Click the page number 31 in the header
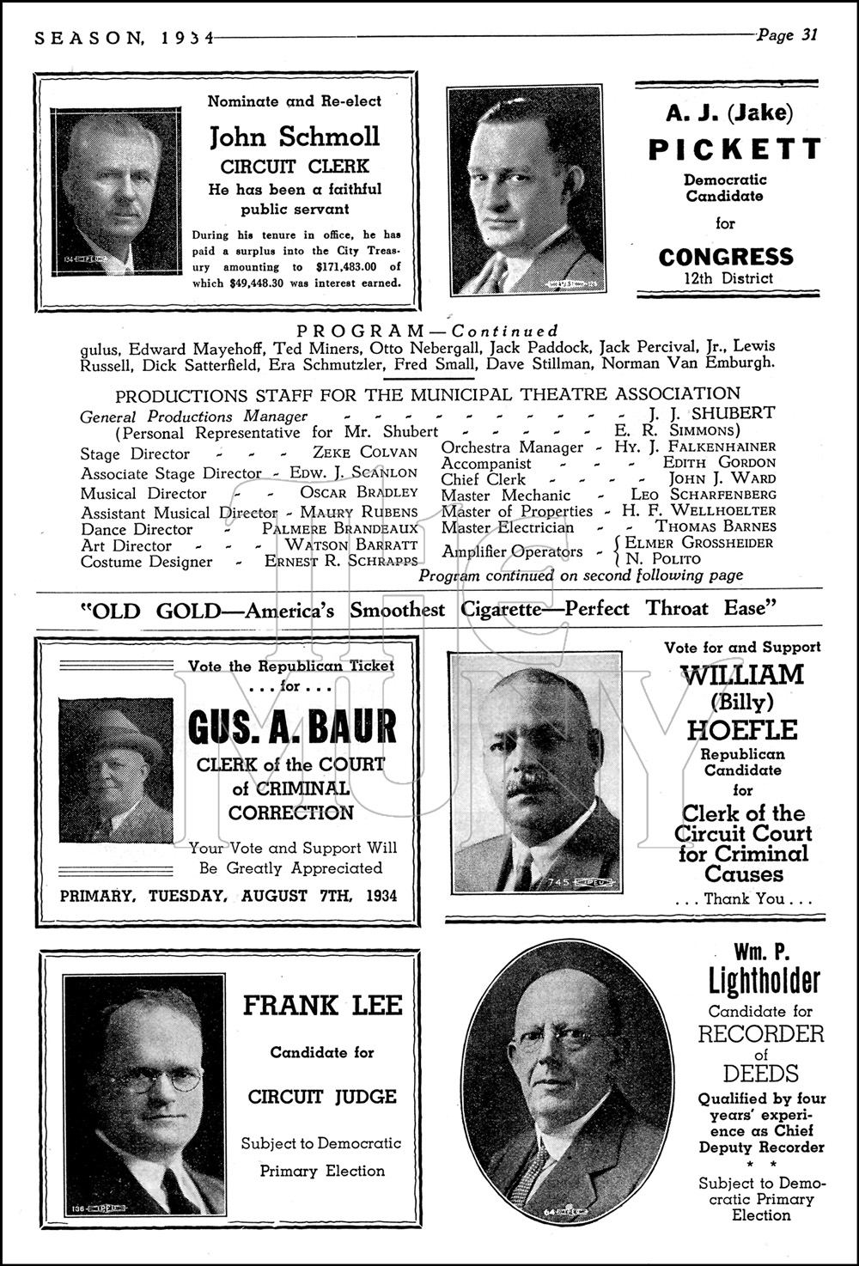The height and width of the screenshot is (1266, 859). (x=807, y=35)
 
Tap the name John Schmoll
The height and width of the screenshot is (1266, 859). (x=295, y=137)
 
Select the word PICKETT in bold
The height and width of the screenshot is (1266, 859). (x=734, y=149)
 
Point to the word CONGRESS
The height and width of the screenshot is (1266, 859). (x=726, y=256)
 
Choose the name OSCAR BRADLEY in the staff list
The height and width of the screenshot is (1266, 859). (x=358, y=493)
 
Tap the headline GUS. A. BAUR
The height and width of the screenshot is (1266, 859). (x=292, y=727)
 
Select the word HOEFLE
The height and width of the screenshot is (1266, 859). (x=742, y=730)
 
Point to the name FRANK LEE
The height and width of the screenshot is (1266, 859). (x=322, y=1005)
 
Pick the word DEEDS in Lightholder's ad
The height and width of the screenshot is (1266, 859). (x=760, y=1074)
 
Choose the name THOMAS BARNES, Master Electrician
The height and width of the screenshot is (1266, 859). (x=716, y=526)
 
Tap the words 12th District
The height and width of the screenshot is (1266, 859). (x=726, y=278)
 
